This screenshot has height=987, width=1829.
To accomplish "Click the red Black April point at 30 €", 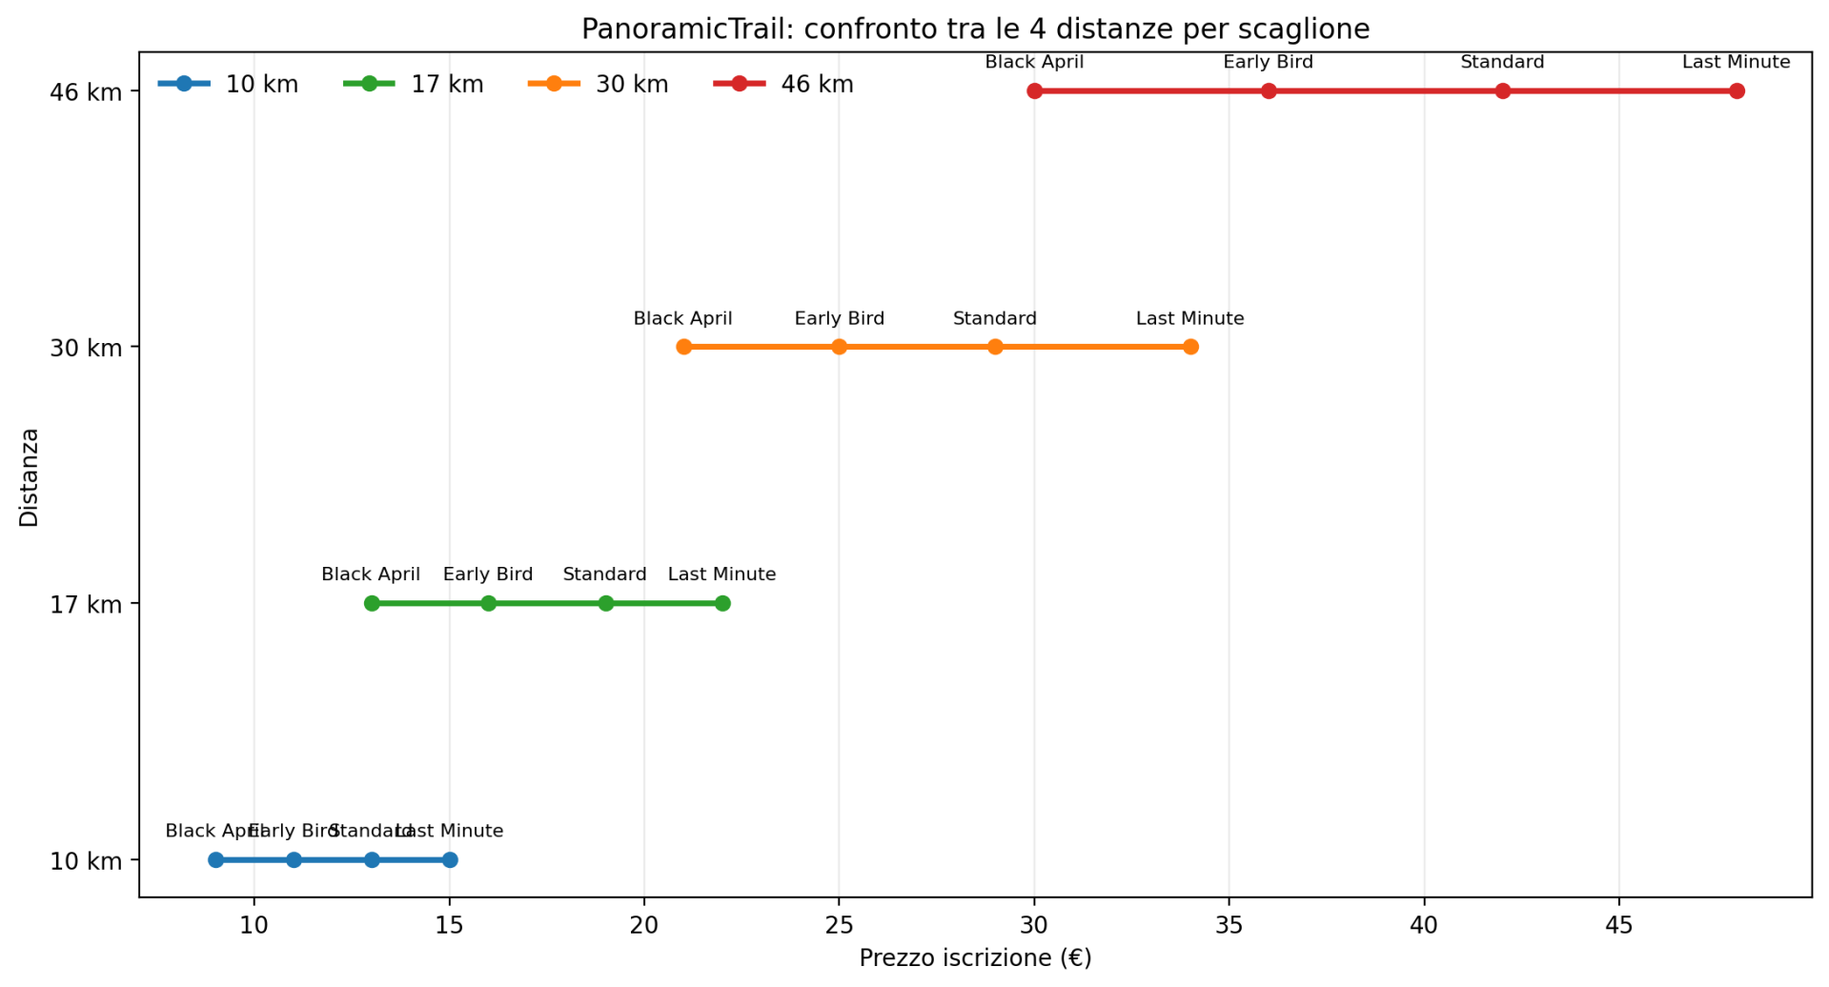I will (x=1034, y=91).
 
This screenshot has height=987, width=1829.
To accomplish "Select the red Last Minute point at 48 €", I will (x=1737, y=91).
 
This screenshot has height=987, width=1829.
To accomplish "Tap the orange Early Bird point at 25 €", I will (x=839, y=347).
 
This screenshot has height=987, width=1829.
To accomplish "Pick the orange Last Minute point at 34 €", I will (x=1190, y=347).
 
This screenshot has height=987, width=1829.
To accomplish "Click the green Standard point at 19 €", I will (x=605, y=603).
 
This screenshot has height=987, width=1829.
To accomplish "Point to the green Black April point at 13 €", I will (x=372, y=603).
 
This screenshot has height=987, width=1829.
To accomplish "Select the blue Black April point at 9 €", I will (x=215, y=859).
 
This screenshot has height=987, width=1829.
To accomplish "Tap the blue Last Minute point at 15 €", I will (x=450, y=859).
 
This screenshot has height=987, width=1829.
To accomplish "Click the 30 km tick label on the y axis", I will (x=86, y=348).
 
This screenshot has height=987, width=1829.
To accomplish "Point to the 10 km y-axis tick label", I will (x=86, y=861).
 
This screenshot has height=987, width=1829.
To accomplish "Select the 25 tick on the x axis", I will (x=839, y=925).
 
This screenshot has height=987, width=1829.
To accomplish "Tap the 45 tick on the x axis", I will (x=1619, y=925).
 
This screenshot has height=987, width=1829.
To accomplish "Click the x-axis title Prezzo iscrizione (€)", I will (x=975, y=958).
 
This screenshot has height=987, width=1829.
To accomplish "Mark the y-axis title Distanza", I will (x=30, y=477).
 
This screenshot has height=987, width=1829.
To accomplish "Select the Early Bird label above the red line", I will (x=1268, y=63).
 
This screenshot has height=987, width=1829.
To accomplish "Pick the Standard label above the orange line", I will (x=994, y=319).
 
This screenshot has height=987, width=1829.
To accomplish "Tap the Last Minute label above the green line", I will (x=721, y=574).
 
